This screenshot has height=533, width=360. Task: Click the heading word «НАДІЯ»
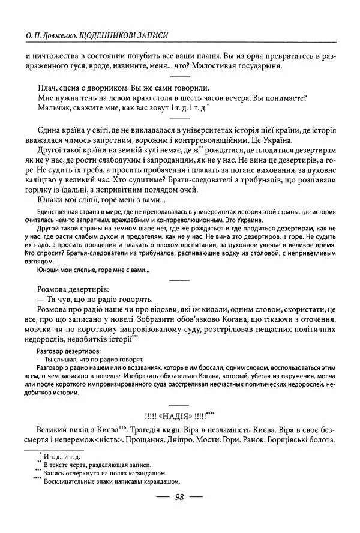(x=179, y=415)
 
